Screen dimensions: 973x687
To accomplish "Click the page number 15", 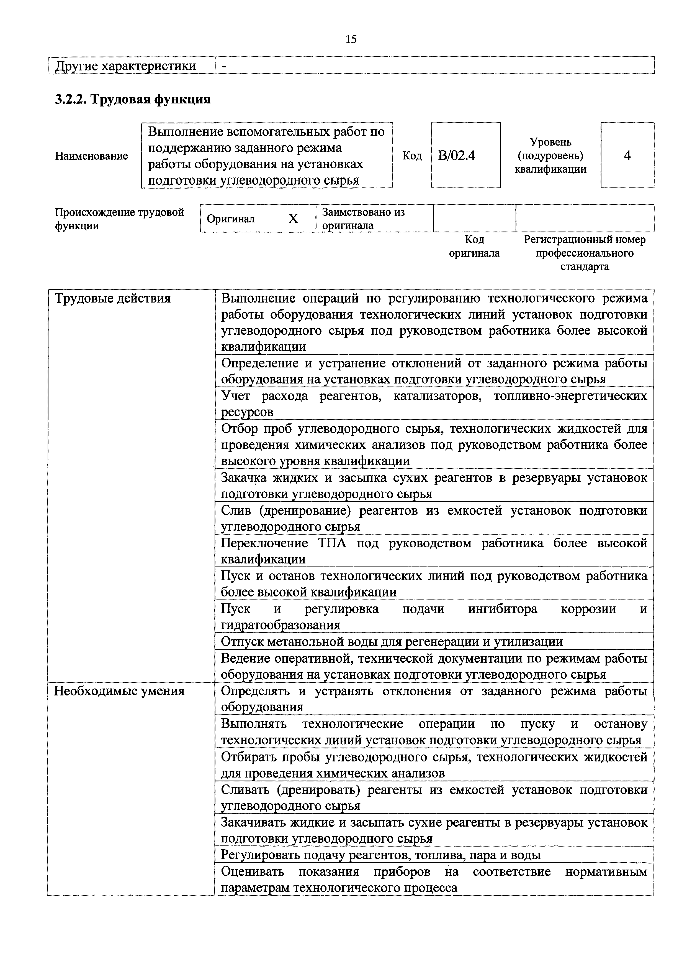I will tap(351, 39).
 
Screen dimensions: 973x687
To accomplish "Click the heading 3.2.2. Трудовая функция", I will tap(133, 100).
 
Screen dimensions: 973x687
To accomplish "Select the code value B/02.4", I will tap(456, 156).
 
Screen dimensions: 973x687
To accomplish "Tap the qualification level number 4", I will tap(627, 156).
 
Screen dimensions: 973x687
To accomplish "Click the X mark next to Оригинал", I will tap(293, 219).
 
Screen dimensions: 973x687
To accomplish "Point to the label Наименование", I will tap(91, 156).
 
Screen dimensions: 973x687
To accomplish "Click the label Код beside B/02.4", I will tap(412, 156).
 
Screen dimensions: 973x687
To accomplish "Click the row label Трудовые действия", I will tap(113, 299).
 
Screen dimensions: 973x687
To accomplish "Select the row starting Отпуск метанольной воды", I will tap(392, 642).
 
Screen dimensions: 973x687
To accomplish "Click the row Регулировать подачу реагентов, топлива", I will tap(381, 855).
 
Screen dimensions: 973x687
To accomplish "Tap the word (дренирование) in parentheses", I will tap(305, 511).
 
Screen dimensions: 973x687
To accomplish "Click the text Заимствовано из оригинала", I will tap(363, 219).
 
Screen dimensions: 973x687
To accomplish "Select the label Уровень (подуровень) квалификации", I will tap(550, 156).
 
